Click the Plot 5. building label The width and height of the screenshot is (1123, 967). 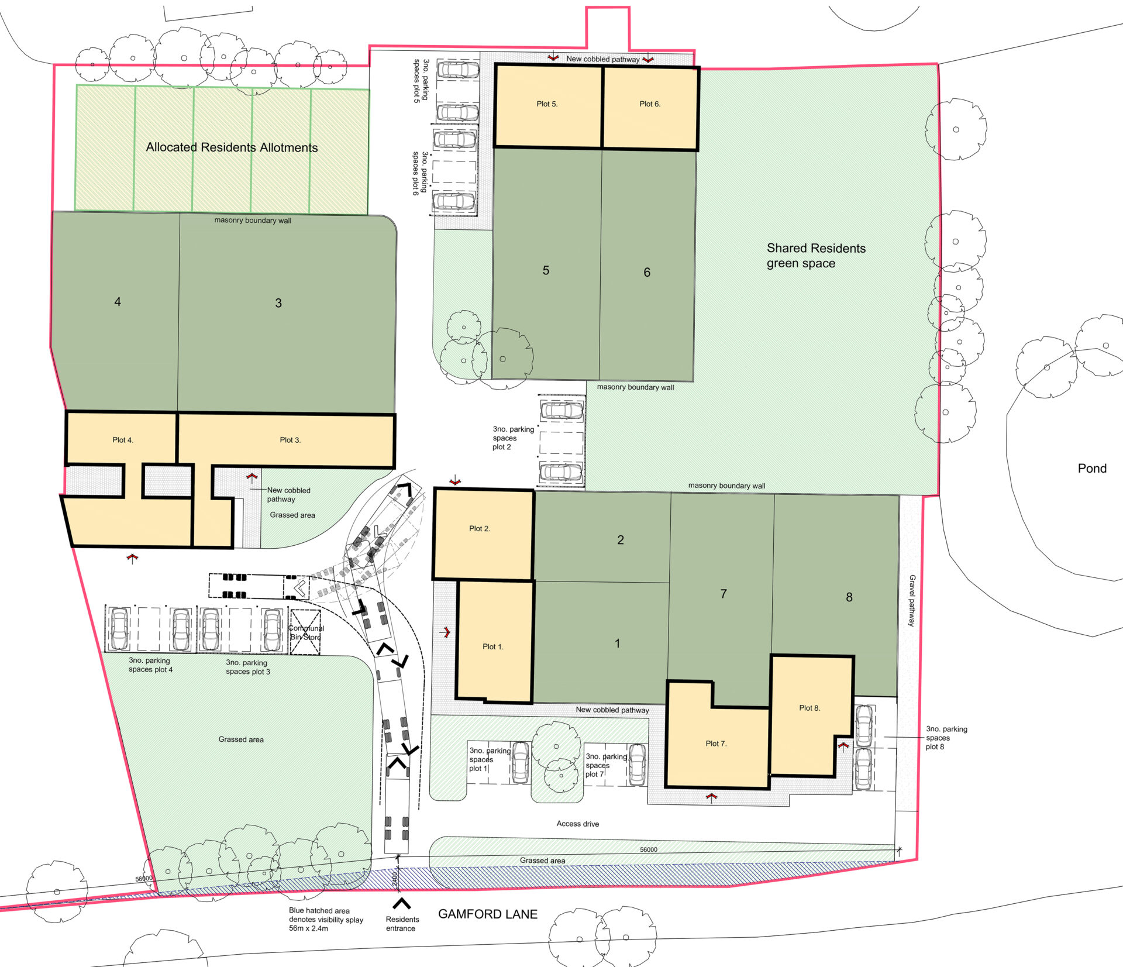click(547, 104)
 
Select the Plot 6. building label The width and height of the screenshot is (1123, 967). click(650, 104)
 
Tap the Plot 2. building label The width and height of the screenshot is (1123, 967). click(480, 529)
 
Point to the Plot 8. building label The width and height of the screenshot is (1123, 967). click(809, 708)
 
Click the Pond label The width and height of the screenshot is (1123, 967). click(1092, 469)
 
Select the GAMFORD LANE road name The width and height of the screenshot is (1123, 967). click(488, 914)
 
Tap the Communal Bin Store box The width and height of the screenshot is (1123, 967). click(305, 632)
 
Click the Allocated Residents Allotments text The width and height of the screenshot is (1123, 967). click(232, 147)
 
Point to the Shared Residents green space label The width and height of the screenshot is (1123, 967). click(816, 256)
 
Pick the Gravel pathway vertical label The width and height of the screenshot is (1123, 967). click(912, 601)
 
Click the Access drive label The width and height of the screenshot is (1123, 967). click(578, 824)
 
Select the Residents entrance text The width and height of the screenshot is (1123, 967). click(402, 924)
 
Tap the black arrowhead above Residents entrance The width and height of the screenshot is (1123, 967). click(401, 903)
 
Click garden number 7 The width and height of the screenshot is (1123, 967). click(724, 594)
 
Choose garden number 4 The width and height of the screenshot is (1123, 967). click(118, 302)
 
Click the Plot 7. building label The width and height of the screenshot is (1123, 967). click(716, 744)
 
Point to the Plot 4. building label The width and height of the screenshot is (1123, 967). click(123, 440)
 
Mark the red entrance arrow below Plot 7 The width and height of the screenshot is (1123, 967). click(711, 797)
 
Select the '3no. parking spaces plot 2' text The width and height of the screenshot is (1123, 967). click(513, 438)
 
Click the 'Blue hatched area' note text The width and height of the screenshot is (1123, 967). click(319, 911)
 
